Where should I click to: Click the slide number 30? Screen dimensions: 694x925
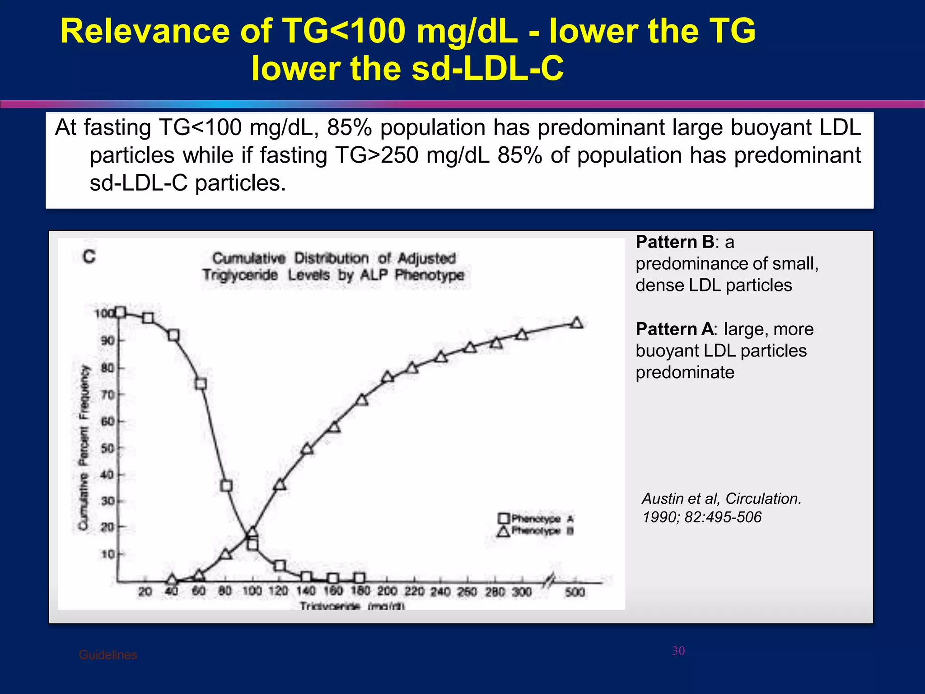[678, 651]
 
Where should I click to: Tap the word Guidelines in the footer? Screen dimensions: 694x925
[107, 655]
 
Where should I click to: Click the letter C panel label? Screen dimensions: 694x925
[89, 257]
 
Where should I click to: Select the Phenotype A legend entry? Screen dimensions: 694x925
[536, 518]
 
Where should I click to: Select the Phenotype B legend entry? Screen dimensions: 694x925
[536, 531]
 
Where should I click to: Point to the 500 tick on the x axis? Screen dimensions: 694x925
[575, 591]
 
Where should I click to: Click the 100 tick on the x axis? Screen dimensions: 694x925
[252, 591]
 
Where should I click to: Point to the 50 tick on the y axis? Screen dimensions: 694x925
[107, 448]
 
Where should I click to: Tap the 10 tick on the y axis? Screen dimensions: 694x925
[107, 554]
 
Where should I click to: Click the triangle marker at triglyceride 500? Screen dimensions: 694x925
[576, 323]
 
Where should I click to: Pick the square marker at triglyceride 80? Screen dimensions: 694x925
[226, 486]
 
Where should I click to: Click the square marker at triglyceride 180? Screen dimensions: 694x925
[359, 578]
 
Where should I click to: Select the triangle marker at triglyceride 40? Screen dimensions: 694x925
[172, 580]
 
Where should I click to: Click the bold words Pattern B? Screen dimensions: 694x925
[675, 242]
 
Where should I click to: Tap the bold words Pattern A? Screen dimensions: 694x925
[674, 329]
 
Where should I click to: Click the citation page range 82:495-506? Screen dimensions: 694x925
[723, 517]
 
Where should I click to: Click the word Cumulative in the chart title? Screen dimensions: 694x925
[249, 258]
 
